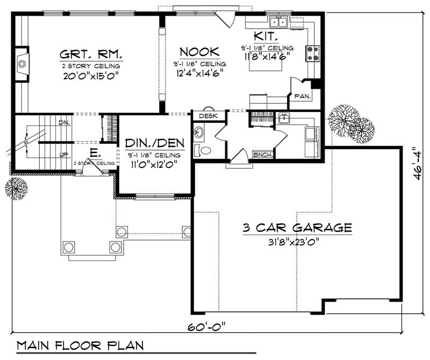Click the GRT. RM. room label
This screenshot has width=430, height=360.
91,54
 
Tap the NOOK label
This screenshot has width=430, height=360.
199,52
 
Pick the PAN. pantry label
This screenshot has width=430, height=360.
300,97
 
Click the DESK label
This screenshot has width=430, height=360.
208,116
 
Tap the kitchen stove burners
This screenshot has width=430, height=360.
313,52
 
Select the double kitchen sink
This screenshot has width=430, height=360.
278,22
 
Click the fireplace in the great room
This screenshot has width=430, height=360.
22,64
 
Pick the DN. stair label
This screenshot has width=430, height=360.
64,123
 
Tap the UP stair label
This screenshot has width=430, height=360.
63,154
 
